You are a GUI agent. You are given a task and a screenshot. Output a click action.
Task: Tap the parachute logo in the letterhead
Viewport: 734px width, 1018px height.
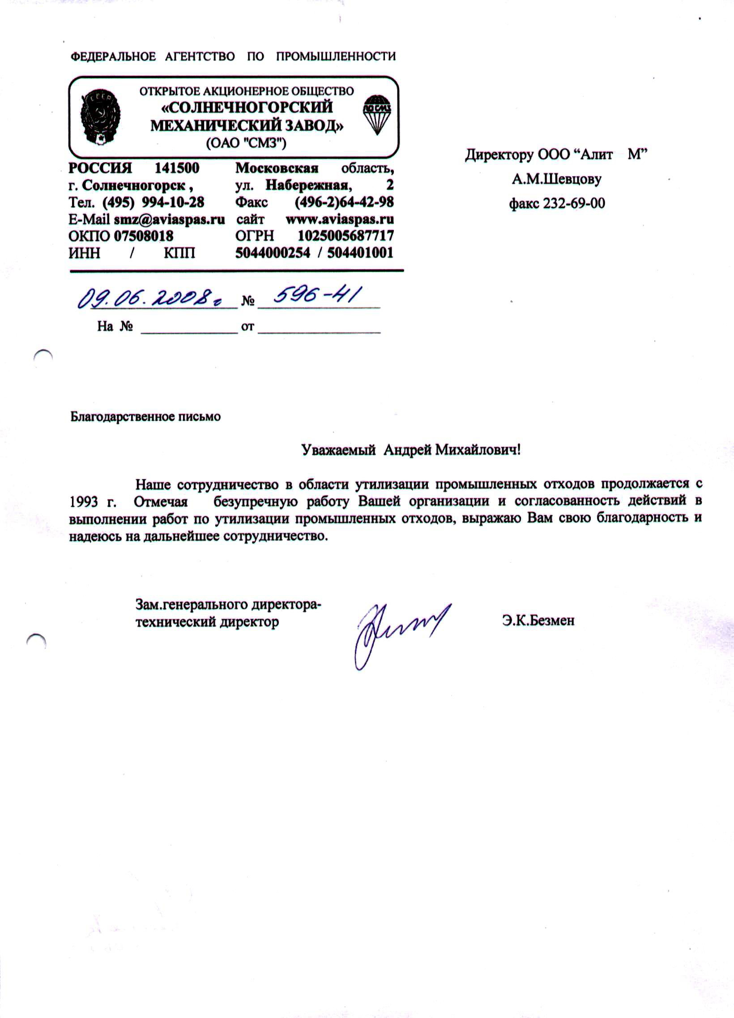coord(377,114)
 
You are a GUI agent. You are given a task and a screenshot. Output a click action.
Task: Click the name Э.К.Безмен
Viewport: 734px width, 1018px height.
coord(538,621)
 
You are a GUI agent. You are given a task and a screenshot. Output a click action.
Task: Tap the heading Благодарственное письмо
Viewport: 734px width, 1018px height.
coord(145,417)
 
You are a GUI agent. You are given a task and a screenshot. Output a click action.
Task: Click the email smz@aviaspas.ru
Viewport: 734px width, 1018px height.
coord(169,219)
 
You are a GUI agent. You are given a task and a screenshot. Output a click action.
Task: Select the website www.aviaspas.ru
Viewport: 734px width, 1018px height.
coord(339,219)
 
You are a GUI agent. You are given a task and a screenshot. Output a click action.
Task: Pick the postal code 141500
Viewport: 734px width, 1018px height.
coord(177,168)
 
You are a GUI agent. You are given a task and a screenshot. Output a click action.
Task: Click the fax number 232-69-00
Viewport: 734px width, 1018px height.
coord(573,203)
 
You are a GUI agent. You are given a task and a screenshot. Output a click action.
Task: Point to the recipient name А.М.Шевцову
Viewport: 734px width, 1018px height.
coord(556,180)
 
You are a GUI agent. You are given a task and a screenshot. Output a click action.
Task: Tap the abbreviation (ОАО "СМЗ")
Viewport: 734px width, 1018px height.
coord(246,143)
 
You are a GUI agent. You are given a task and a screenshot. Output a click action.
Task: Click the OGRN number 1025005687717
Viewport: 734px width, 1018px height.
coord(345,236)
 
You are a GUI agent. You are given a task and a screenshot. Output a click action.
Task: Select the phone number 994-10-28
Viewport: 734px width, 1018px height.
coord(173,202)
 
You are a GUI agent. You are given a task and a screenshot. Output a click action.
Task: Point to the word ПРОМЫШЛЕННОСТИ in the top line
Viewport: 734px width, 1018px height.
coord(335,56)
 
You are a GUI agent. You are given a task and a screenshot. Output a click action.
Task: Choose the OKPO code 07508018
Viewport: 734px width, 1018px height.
coord(143,236)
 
